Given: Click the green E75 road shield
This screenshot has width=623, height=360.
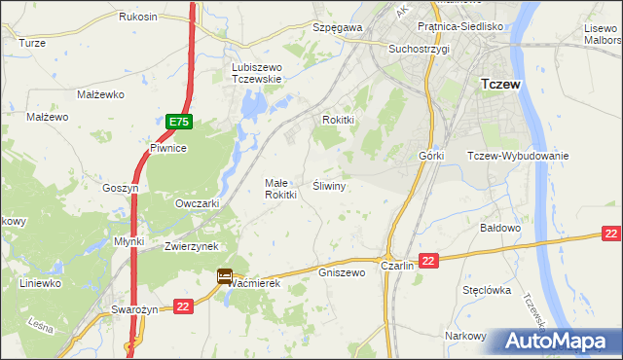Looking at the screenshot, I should click(x=177, y=122).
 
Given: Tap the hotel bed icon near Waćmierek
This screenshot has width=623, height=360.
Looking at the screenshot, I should click(x=225, y=277).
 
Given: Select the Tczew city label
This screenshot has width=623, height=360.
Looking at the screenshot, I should click(x=500, y=85).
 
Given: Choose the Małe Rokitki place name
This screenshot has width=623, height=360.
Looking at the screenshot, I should click(x=280, y=189).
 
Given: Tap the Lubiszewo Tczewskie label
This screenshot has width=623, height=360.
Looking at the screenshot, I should click(x=256, y=73).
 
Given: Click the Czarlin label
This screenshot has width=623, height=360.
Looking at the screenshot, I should click(x=397, y=266).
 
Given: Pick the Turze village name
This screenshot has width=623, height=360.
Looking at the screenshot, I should click(x=32, y=44).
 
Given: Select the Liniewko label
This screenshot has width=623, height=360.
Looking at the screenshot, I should click(x=41, y=283).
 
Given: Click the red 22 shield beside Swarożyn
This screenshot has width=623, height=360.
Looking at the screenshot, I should click(x=183, y=307).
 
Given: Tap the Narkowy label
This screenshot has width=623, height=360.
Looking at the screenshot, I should click(x=465, y=336).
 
